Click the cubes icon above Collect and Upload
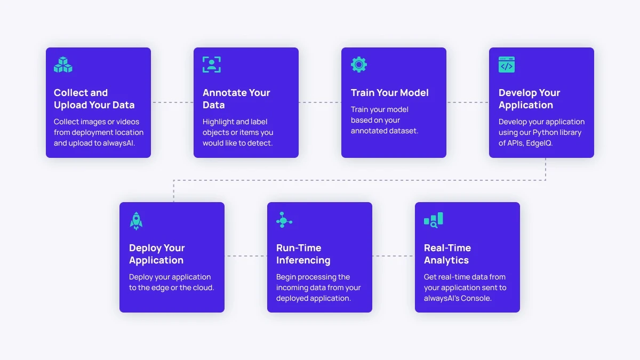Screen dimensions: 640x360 pyautogui.click(x=63, y=65)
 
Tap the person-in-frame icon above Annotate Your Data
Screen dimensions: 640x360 pyautogui.click(x=212, y=65)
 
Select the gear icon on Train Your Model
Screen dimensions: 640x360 pyautogui.click(x=359, y=65)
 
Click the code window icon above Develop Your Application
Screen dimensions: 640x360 pyautogui.click(x=507, y=65)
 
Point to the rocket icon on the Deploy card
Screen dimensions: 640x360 pyautogui.click(x=136, y=221)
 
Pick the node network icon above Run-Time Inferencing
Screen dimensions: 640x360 pyautogui.click(x=284, y=220)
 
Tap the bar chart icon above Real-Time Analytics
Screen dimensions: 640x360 pyautogui.click(x=433, y=220)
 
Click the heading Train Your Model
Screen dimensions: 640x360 pyautogui.click(x=389, y=93)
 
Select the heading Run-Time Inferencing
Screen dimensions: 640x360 pyautogui.click(x=303, y=254)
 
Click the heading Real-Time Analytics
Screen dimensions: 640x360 pyautogui.click(x=447, y=254)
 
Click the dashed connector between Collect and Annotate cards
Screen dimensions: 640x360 pyautogui.click(x=172, y=102)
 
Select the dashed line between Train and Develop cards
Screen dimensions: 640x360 pyautogui.click(x=468, y=102)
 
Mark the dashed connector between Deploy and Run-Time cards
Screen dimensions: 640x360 pyautogui.click(x=246, y=256)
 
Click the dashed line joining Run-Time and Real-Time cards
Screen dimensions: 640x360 pyautogui.click(x=394, y=256)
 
